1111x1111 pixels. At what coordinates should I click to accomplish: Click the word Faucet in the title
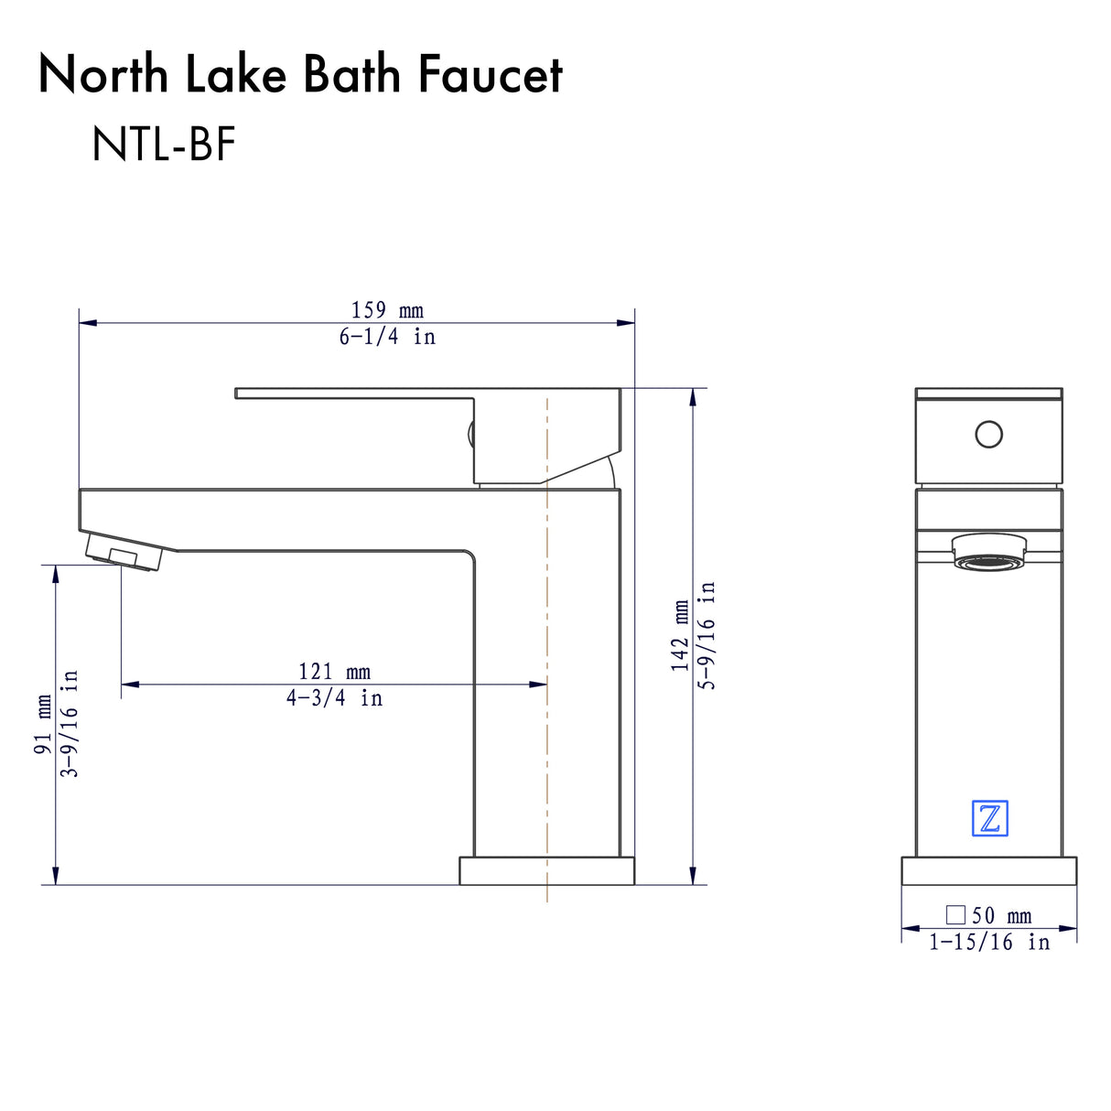tap(491, 75)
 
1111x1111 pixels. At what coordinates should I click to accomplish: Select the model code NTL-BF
tap(164, 145)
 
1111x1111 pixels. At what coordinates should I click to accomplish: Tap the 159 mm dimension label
tap(387, 310)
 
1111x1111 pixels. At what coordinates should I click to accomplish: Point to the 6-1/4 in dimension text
tap(387, 337)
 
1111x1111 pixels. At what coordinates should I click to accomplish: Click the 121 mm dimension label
tap(334, 672)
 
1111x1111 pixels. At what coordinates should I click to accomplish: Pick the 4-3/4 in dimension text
tap(334, 698)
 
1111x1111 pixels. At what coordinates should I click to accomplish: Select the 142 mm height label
tap(680, 636)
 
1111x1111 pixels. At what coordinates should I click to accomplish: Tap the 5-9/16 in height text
tap(707, 636)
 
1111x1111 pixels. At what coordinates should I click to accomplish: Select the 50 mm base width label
tap(1001, 915)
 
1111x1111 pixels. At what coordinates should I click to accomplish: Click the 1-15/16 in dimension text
tap(989, 942)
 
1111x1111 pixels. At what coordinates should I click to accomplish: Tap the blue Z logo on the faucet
tap(989, 818)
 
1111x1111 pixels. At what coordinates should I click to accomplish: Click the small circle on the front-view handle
tap(989, 434)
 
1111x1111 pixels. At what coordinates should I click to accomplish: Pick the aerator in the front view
tap(989, 553)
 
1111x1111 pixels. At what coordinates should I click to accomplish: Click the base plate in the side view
tap(546, 871)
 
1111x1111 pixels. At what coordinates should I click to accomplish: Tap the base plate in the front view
tap(989, 871)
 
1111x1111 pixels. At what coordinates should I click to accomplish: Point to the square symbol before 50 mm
tap(955, 914)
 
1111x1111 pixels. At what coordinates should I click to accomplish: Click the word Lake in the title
tap(236, 75)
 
